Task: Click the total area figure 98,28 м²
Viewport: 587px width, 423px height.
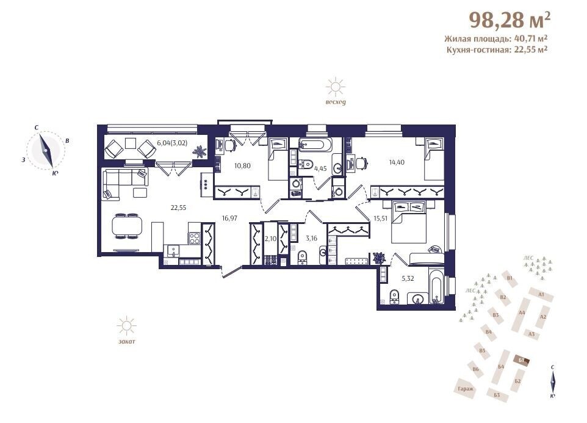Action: [510, 20]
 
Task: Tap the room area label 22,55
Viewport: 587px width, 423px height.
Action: [178, 208]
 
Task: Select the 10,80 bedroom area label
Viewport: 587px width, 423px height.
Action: [242, 165]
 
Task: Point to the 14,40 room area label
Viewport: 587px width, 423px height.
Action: [397, 162]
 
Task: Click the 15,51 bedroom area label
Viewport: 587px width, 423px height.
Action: [380, 219]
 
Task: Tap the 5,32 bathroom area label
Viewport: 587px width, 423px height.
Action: [408, 278]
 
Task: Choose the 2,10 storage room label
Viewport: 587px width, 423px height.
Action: [270, 239]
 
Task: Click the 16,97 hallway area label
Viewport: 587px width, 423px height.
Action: [229, 218]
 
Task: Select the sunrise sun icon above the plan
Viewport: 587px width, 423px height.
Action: [336, 87]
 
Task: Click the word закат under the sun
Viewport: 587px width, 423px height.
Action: [126, 341]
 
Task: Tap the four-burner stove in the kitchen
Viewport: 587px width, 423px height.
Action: [194, 239]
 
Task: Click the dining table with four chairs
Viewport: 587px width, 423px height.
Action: [128, 226]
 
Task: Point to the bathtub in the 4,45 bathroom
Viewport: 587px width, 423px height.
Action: [315, 145]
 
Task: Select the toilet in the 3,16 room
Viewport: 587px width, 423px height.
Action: [302, 257]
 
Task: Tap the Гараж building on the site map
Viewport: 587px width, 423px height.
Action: [466, 388]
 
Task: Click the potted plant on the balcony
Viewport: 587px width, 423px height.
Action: [200, 151]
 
